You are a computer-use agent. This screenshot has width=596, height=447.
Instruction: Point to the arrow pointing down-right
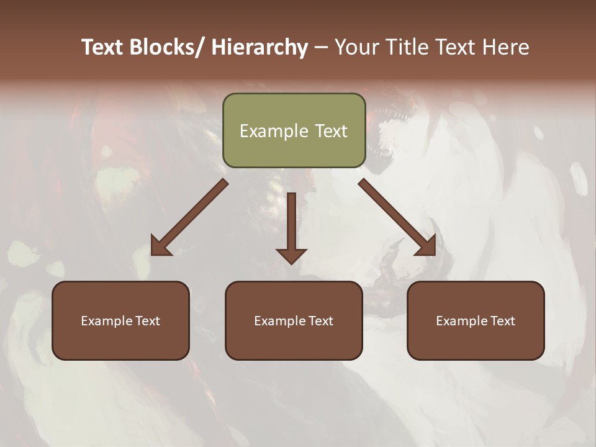[397, 217]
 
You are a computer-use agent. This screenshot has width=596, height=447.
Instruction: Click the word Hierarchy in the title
[260, 47]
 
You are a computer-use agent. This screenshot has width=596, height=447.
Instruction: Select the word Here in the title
[505, 47]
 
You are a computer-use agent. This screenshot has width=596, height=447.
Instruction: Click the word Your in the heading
[358, 47]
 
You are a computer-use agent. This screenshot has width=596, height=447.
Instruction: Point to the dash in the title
[321, 47]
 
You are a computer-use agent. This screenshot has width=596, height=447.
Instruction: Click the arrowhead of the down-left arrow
[160, 246]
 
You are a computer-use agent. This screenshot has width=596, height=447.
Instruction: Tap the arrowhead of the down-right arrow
[427, 246]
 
